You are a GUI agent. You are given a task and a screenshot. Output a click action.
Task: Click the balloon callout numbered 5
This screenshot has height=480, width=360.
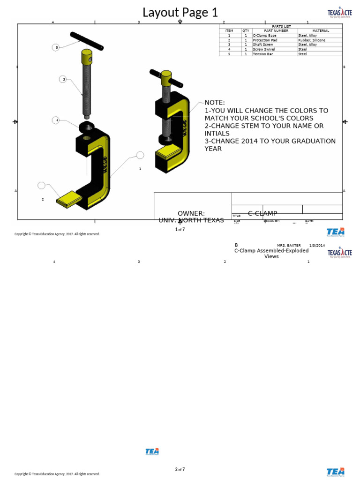click(x=56, y=47)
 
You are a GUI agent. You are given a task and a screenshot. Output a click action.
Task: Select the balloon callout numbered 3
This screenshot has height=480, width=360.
click(x=63, y=79)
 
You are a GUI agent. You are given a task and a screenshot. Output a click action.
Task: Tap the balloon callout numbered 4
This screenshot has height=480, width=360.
click(x=56, y=120)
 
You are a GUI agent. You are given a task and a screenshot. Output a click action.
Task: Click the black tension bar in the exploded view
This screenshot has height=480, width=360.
click(x=86, y=41)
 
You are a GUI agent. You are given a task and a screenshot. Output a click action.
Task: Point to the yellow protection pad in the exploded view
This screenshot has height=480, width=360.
click(x=69, y=199)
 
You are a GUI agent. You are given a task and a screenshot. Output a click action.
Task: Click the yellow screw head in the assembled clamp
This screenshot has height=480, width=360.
click(x=166, y=78)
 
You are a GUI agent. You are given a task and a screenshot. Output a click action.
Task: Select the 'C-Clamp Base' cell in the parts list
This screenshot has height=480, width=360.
click(x=265, y=36)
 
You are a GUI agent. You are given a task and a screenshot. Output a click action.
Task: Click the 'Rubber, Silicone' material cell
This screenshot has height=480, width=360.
click(x=312, y=40)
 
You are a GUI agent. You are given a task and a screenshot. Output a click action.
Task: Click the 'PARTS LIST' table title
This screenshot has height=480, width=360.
click(x=281, y=26)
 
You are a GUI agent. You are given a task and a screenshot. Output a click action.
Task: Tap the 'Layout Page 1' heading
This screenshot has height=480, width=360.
click(x=180, y=13)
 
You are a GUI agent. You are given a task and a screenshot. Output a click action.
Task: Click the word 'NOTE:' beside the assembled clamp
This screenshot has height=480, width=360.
click(x=215, y=103)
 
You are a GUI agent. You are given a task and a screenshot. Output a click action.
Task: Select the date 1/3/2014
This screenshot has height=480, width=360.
click(x=317, y=245)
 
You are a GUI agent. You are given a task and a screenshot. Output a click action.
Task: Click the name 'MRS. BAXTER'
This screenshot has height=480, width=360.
click(x=289, y=245)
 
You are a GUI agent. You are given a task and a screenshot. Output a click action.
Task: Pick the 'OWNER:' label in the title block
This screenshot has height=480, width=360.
click(x=191, y=213)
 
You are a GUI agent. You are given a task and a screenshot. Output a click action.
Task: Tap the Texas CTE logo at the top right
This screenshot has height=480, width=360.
click(x=339, y=13)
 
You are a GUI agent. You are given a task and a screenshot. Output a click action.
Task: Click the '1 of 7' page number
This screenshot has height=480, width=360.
click(x=180, y=229)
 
